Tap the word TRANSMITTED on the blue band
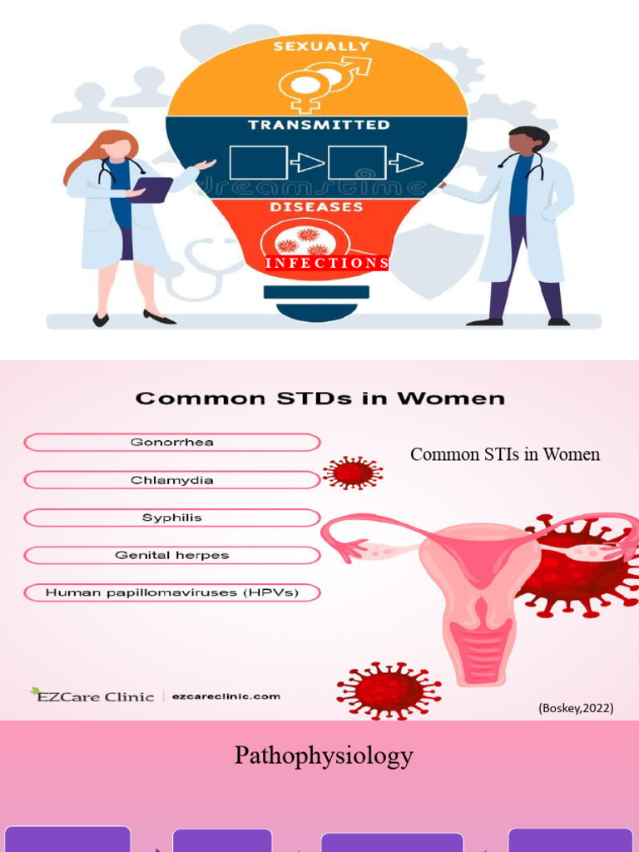[x=318, y=125]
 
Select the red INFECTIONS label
[x=326, y=263]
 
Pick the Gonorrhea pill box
[x=172, y=443]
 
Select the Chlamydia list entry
[x=172, y=480]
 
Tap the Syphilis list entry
[x=172, y=518]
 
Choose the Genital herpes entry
[x=172, y=555]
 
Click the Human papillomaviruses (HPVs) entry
[x=172, y=592]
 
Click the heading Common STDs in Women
[x=319, y=399]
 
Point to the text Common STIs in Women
[x=504, y=454]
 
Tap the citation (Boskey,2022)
[x=576, y=708]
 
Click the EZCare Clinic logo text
[x=93, y=696]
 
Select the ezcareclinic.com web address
[x=226, y=696]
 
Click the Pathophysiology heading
[x=324, y=755]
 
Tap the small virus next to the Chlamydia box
[x=353, y=473]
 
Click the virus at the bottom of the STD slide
[x=389, y=690]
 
